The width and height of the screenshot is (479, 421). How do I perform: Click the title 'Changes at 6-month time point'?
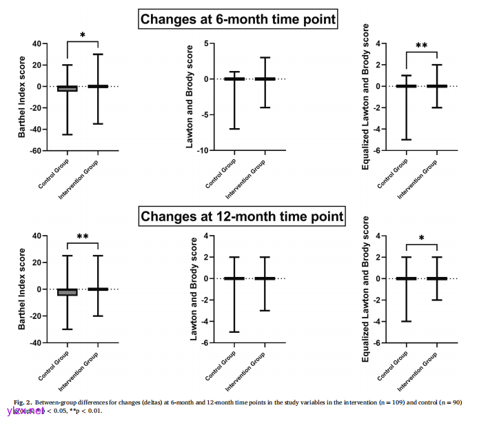pyautogui.click(x=238, y=19)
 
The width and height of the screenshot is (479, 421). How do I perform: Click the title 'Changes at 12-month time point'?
pyautogui.click(x=241, y=216)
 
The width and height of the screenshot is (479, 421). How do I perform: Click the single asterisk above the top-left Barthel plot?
pyautogui.click(x=83, y=35)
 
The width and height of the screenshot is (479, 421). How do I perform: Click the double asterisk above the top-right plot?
pyautogui.click(x=421, y=46)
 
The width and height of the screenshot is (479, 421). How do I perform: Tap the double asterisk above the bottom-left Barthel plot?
pyautogui.click(x=83, y=236)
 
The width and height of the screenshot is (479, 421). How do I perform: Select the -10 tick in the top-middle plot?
pyautogui.click(x=205, y=150)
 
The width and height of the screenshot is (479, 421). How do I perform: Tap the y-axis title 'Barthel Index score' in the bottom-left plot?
pyautogui.click(x=23, y=289)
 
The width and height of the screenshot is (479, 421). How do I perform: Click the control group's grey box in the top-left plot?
pyautogui.click(x=67, y=88)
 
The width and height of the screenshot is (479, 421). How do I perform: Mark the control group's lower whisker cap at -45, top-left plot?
pyautogui.click(x=67, y=134)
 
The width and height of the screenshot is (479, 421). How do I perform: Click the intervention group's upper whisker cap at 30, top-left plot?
pyautogui.click(x=98, y=54)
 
